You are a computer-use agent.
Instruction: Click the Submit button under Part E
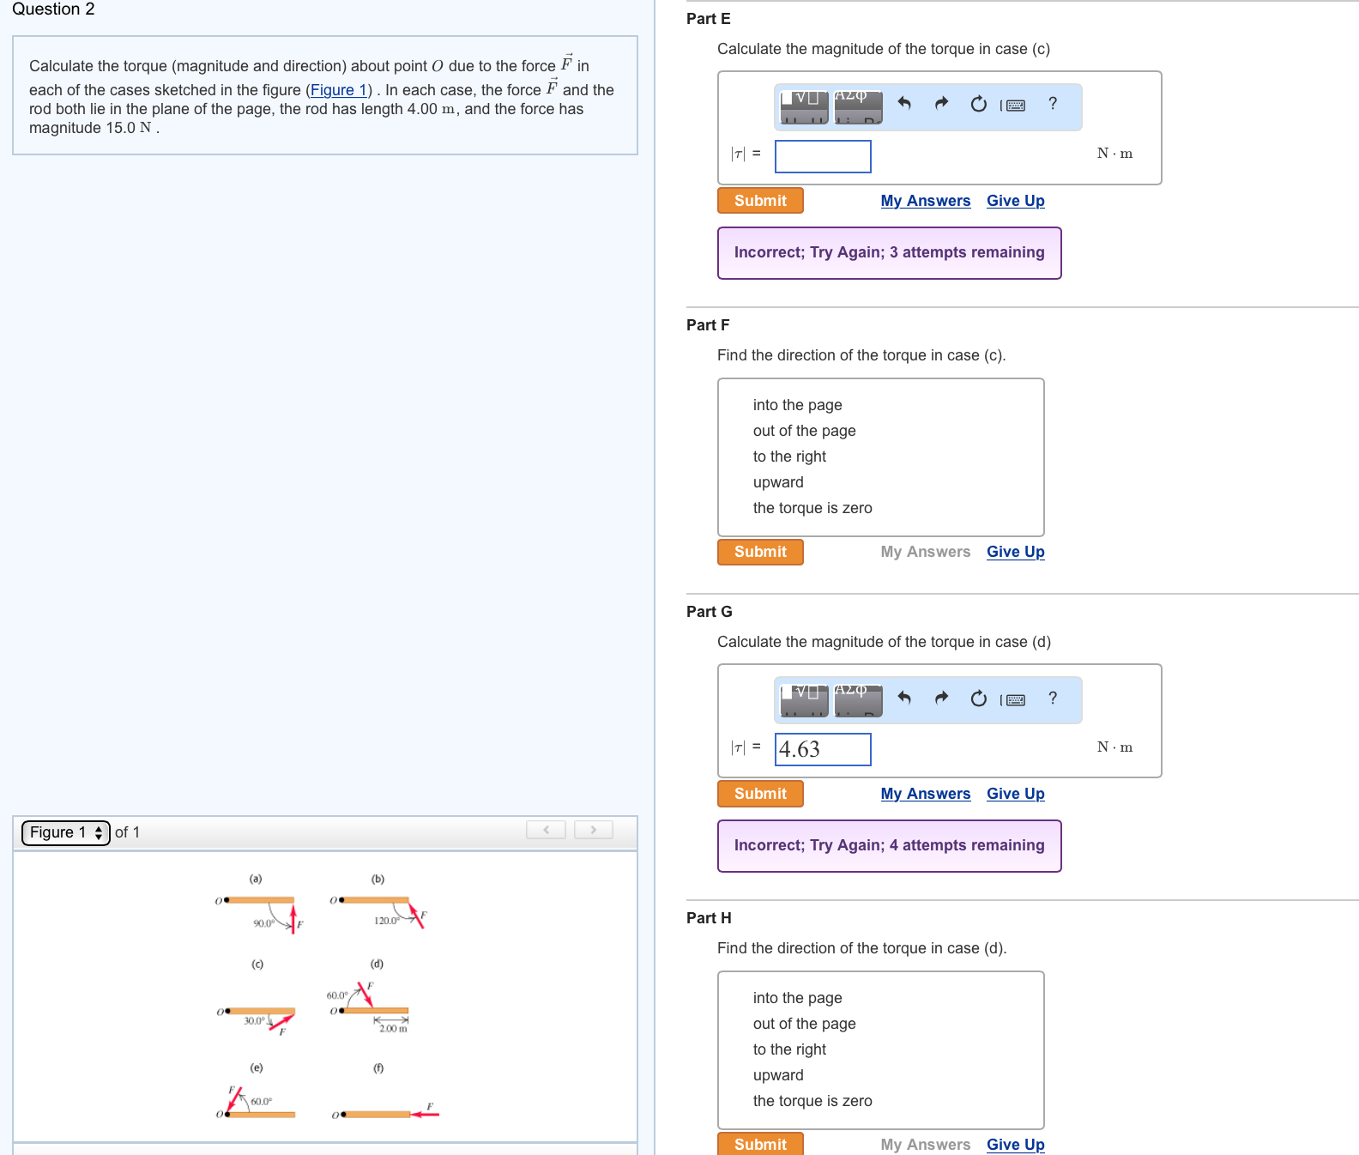[760, 201]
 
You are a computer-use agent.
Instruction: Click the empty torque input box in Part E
[823, 156]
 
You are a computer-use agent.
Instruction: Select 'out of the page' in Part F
[804, 431]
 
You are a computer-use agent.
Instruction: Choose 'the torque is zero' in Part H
[812, 1101]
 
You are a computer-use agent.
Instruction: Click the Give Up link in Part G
[1015, 794]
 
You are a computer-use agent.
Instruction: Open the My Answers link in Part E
[925, 201]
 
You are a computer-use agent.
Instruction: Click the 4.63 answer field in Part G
[823, 749]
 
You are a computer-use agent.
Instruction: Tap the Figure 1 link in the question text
[338, 90]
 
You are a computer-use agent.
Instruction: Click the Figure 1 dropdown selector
[66, 832]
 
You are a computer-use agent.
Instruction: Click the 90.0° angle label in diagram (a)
[263, 923]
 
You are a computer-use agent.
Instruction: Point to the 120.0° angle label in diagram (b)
[386, 921]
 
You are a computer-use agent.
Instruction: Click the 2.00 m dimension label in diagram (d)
[393, 1028]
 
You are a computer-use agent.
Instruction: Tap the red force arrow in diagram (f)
[426, 1115]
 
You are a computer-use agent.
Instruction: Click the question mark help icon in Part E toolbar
[1053, 104]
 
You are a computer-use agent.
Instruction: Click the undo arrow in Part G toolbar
[903, 698]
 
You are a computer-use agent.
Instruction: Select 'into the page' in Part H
[797, 998]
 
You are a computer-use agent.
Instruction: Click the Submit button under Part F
[760, 552]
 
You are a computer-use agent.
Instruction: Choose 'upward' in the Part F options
[778, 482]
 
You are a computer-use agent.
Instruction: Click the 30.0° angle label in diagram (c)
[254, 1020]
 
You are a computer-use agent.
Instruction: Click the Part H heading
[709, 918]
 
